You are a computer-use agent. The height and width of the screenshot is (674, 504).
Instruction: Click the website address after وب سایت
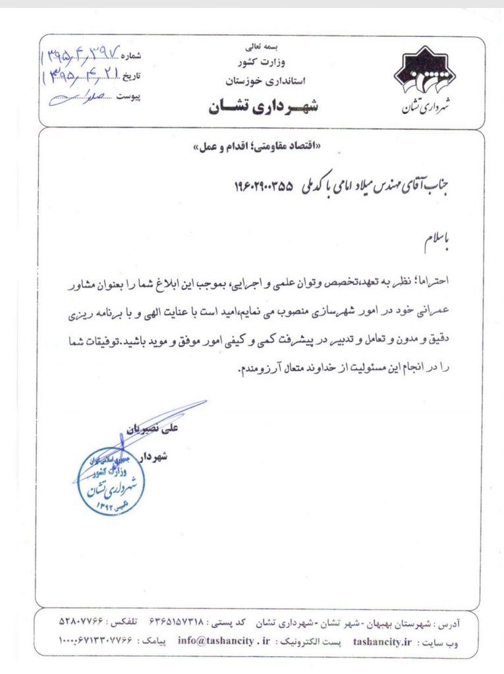378,638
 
